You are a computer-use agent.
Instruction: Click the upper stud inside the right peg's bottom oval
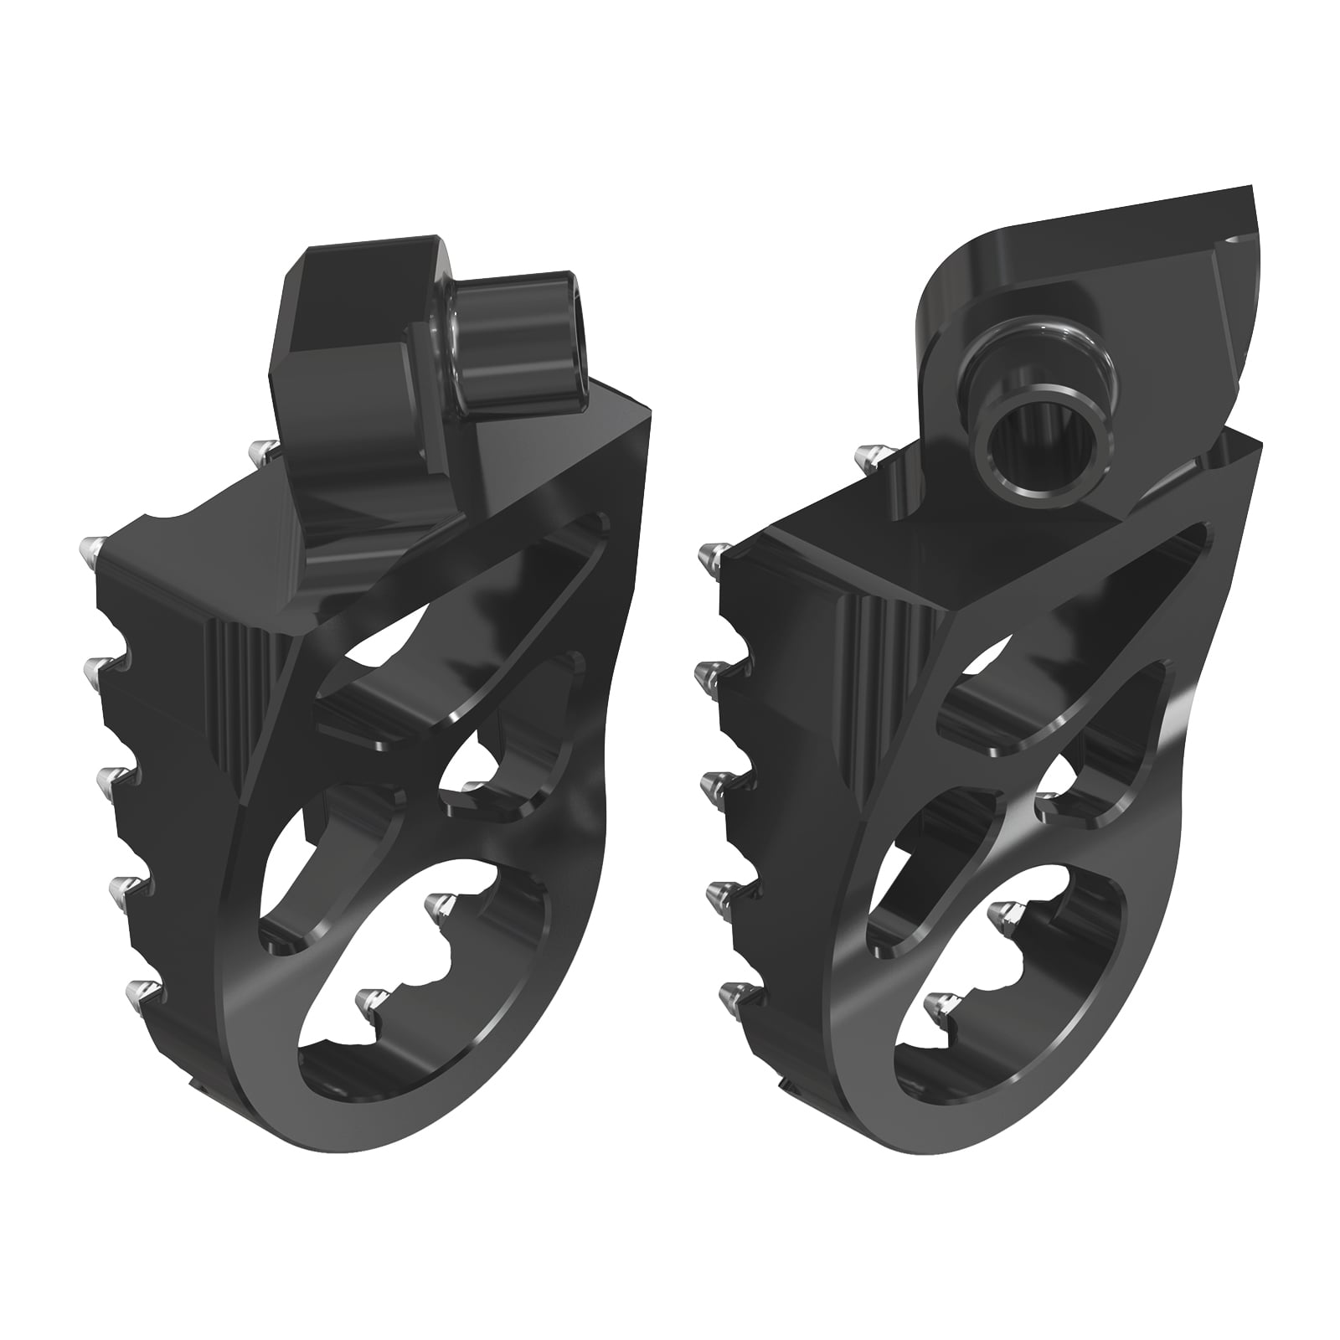[1000, 913]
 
